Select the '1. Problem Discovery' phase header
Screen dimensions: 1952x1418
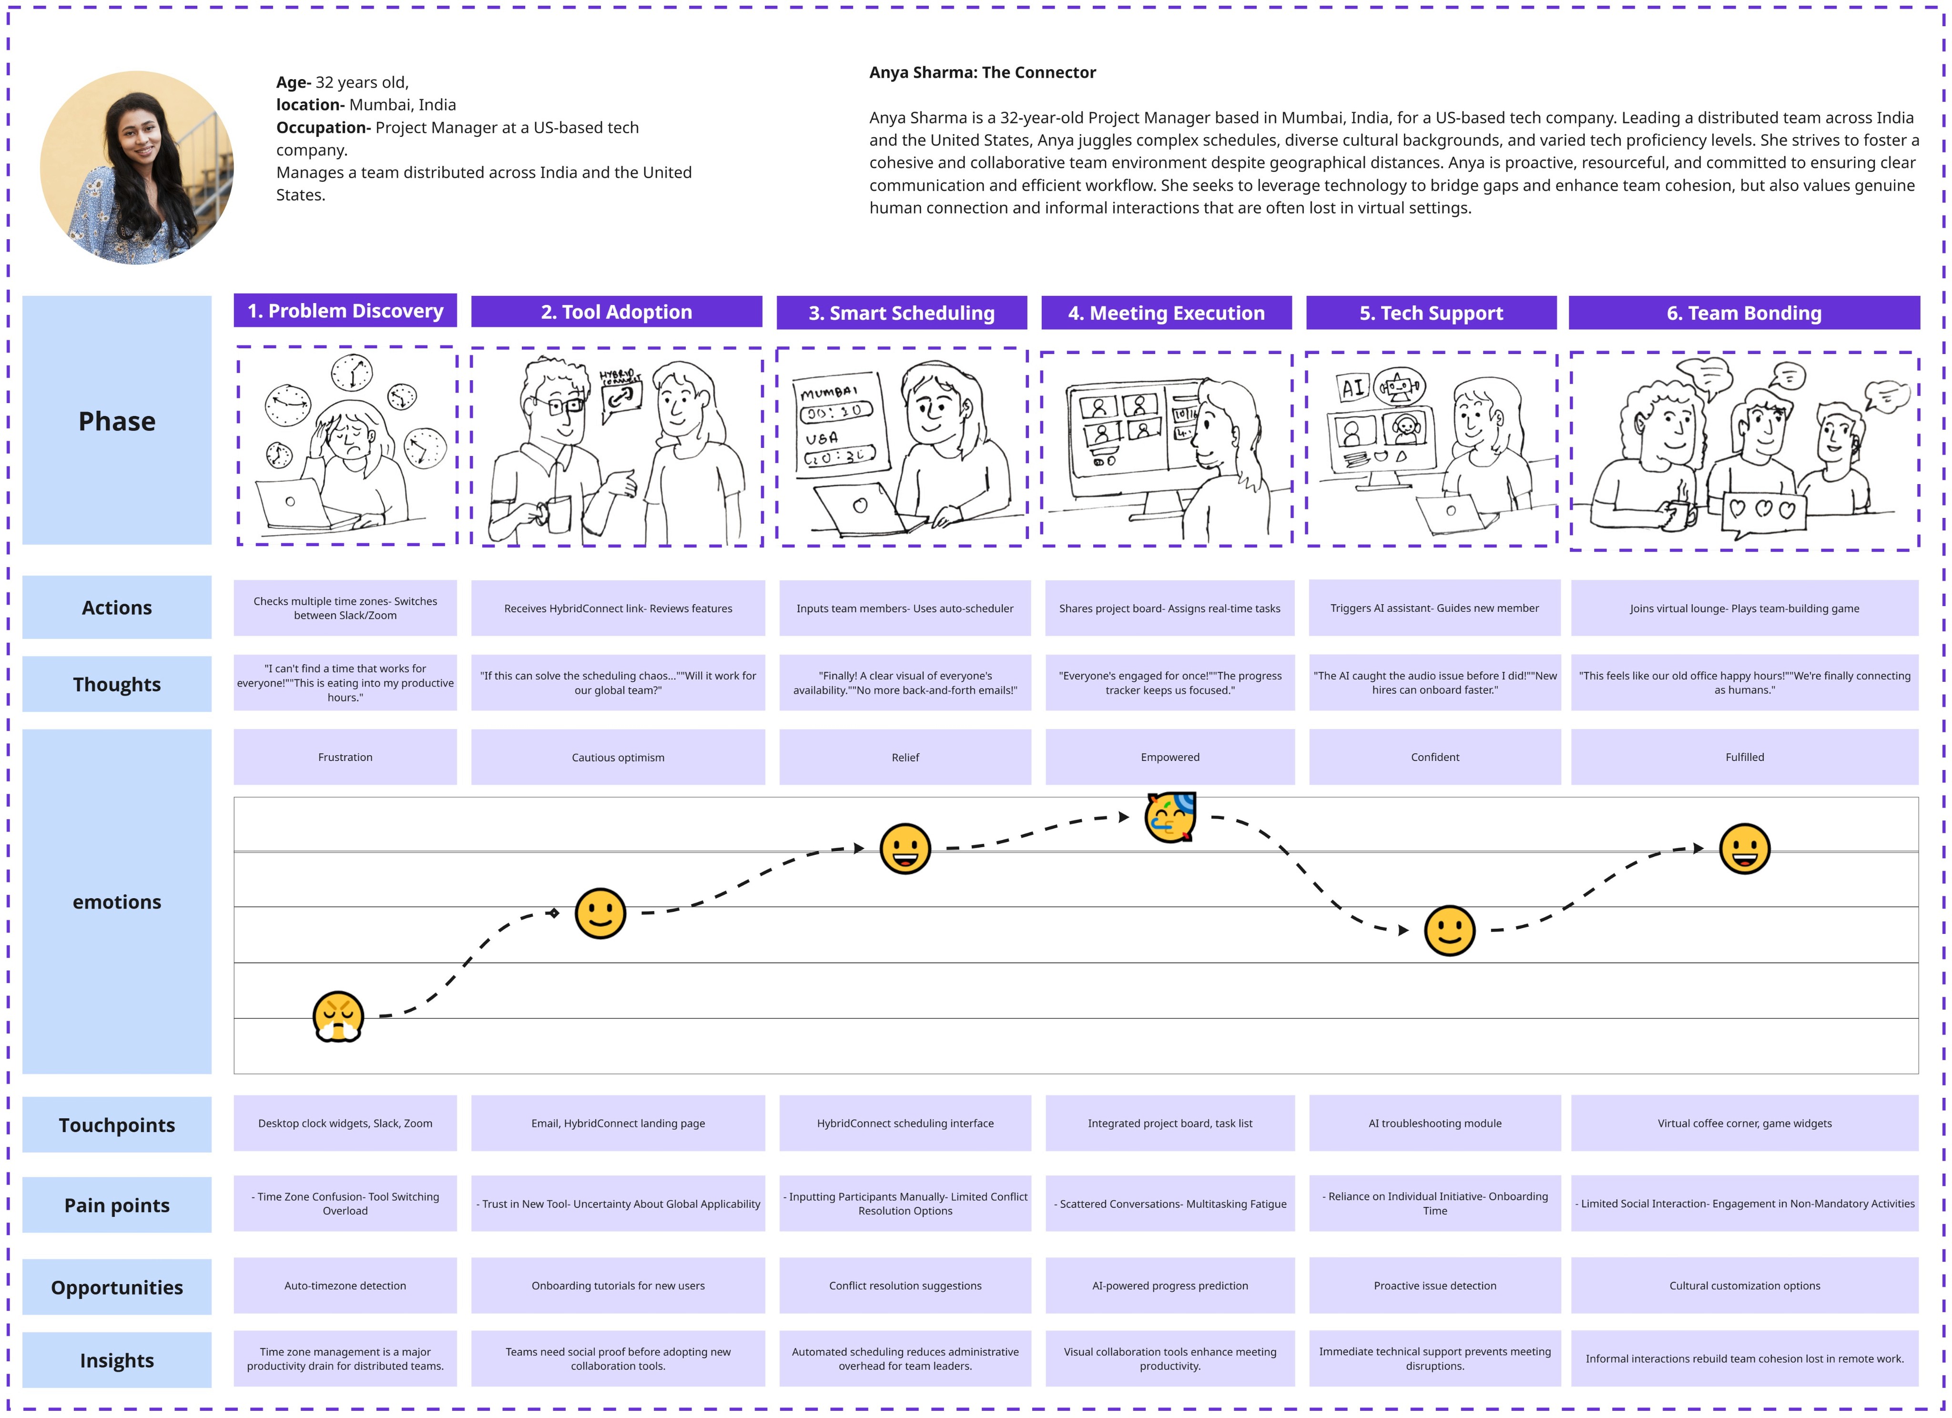tap(345, 311)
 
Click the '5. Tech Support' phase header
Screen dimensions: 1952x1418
tap(1431, 313)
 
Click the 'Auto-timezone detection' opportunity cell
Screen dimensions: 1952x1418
tap(345, 1286)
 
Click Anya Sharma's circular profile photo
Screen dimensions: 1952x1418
tap(137, 168)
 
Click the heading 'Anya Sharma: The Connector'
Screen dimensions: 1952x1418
tap(982, 72)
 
